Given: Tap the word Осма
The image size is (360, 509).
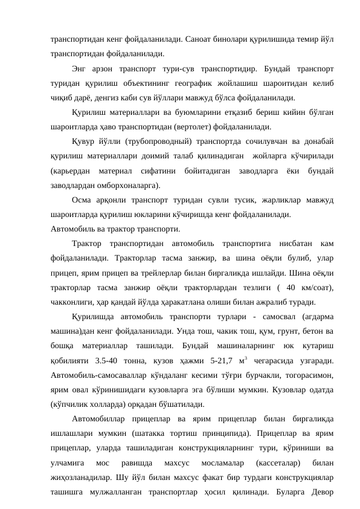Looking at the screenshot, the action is pos(82,199).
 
